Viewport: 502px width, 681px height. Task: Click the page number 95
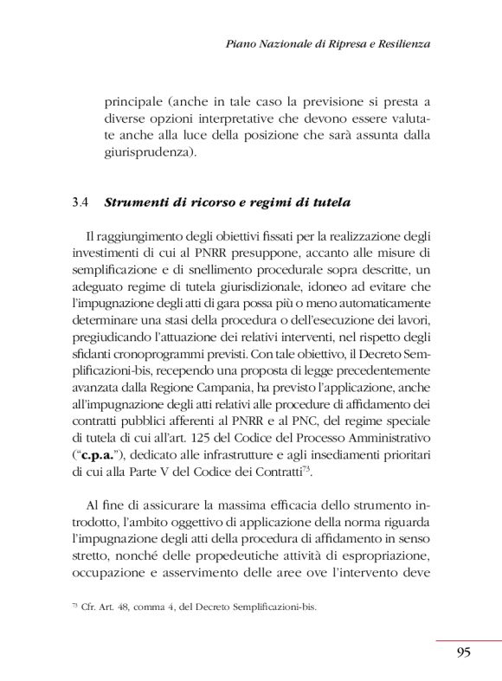(463, 652)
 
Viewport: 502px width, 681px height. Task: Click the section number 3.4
(82, 203)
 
